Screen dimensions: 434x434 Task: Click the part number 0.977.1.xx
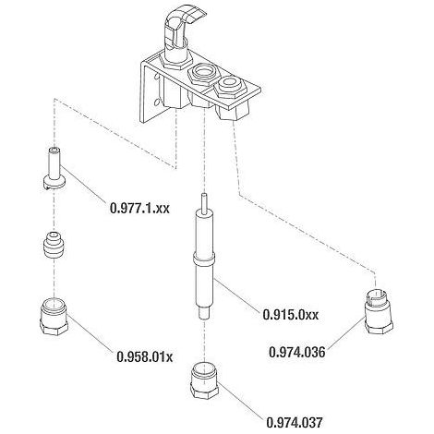click(x=139, y=208)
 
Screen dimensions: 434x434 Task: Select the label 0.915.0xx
click(x=291, y=314)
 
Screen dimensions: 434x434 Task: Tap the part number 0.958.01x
click(x=144, y=356)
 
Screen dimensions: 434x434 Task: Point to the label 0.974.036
click(x=297, y=352)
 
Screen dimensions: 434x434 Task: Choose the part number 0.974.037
click(x=295, y=422)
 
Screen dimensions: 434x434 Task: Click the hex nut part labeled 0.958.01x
click(x=54, y=317)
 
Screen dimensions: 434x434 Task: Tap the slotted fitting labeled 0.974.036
click(x=379, y=311)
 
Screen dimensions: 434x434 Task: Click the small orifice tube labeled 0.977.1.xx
click(x=54, y=168)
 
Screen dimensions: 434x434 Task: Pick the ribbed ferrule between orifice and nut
click(x=54, y=245)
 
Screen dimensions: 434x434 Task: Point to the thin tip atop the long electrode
click(x=203, y=202)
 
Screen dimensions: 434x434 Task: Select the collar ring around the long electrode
click(x=204, y=258)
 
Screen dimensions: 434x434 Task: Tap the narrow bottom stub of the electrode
click(x=203, y=313)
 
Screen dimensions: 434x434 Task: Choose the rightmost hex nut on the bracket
click(x=229, y=86)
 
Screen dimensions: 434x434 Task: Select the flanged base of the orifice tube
click(x=54, y=183)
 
